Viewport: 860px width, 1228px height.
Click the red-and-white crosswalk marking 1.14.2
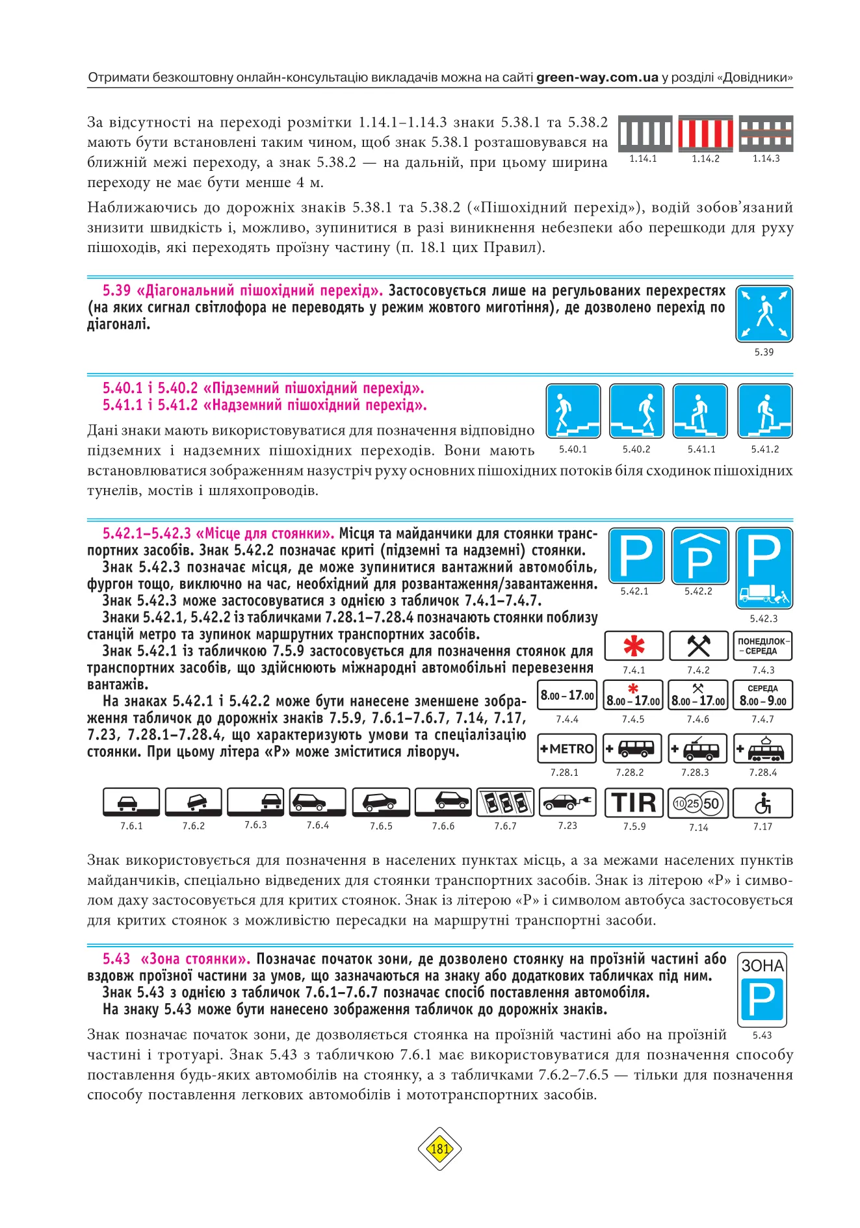(705, 134)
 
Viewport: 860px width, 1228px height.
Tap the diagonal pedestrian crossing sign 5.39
(764, 314)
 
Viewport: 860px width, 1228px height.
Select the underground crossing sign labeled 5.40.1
(573, 411)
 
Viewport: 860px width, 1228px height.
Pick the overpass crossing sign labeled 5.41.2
(764, 411)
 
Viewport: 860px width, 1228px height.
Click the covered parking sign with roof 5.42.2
(699, 556)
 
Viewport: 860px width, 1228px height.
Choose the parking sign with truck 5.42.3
(764, 567)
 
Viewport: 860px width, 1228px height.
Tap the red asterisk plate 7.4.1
(634, 646)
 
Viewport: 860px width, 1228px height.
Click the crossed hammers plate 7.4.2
(698, 646)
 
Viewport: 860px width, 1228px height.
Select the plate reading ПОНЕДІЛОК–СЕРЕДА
(763, 646)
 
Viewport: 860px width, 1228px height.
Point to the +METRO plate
(567, 748)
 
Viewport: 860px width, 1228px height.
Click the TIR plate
(634, 803)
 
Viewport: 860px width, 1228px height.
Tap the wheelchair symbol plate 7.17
(762, 803)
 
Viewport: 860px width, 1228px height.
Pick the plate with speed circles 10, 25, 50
(698, 804)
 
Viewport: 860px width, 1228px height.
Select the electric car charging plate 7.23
(567, 802)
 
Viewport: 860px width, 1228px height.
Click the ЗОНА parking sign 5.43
(762, 989)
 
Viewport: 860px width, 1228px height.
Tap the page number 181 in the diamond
(439, 1149)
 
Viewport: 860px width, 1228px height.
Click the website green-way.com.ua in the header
(597, 77)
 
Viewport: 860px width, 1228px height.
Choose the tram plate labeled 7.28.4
(763, 748)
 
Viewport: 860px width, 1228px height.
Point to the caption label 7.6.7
(505, 826)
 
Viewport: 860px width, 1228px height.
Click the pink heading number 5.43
(116, 959)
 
